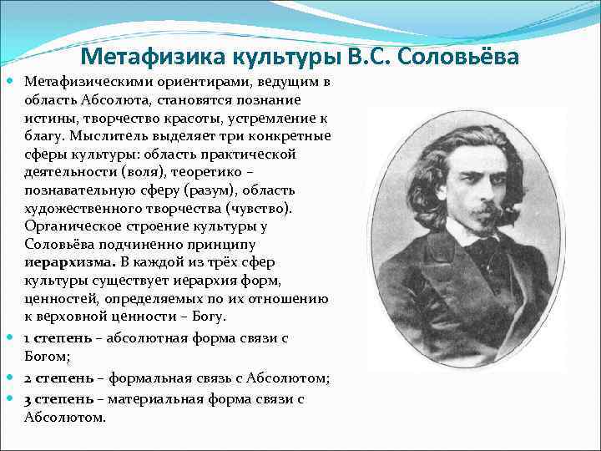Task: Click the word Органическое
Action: tap(65, 225)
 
